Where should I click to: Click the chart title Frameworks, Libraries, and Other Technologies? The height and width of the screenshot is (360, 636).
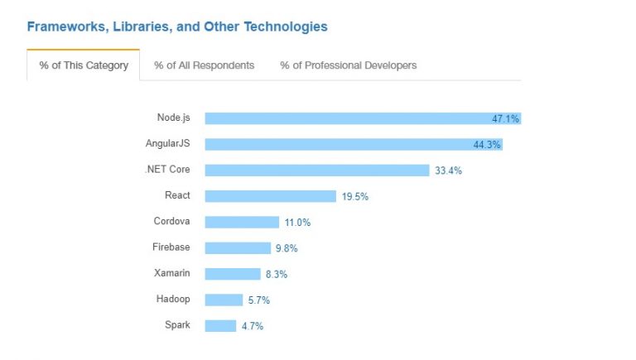click(x=177, y=26)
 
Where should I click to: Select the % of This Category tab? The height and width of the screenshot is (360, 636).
click(x=84, y=65)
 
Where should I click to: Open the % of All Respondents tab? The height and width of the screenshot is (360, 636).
click(x=204, y=65)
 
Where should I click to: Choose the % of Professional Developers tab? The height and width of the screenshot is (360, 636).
click(x=348, y=65)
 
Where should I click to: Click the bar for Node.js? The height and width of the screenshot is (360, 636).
click(x=348, y=118)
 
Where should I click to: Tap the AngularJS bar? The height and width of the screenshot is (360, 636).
click(x=340, y=144)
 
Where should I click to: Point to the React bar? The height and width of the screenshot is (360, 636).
click(x=270, y=196)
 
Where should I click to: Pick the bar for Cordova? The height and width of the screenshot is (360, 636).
click(x=242, y=222)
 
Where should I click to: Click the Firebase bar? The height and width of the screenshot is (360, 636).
click(x=238, y=247)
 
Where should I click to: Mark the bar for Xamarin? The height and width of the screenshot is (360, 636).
click(x=233, y=274)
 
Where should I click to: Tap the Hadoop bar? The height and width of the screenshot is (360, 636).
click(x=224, y=300)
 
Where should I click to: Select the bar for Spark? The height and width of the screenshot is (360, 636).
click(x=220, y=325)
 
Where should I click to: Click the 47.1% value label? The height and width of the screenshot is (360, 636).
click(x=505, y=119)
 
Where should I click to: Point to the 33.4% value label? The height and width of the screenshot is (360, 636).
click(x=448, y=170)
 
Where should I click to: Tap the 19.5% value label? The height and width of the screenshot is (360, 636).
click(x=354, y=196)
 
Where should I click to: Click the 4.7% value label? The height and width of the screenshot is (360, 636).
click(x=253, y=326)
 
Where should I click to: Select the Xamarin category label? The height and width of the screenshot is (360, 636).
click(x=172, y=273)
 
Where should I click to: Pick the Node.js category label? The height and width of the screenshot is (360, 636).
click(x=173, y=118)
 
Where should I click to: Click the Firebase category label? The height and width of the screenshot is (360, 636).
click(x=171, y=247)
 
